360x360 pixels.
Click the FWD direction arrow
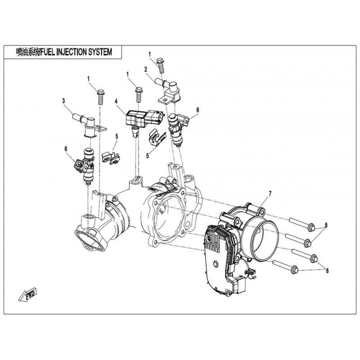point(27,295)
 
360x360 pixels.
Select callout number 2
point(146,69)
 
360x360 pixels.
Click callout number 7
point(270,193)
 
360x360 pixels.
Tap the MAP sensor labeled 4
point(139,118)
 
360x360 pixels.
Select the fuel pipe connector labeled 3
point(85,122)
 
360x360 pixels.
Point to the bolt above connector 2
point(160,65)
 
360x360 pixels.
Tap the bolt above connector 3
point(100,96)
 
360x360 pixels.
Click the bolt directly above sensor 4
point(139,94)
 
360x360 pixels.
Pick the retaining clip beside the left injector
point(111,157)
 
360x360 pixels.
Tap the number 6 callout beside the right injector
point(197,109)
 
